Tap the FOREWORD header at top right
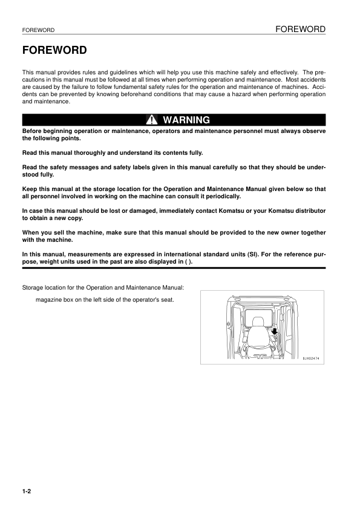point(300,29)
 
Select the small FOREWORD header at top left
point(38,30)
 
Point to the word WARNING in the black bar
point(186,120)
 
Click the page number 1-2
point(27,491)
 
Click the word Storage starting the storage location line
point(34,287)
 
